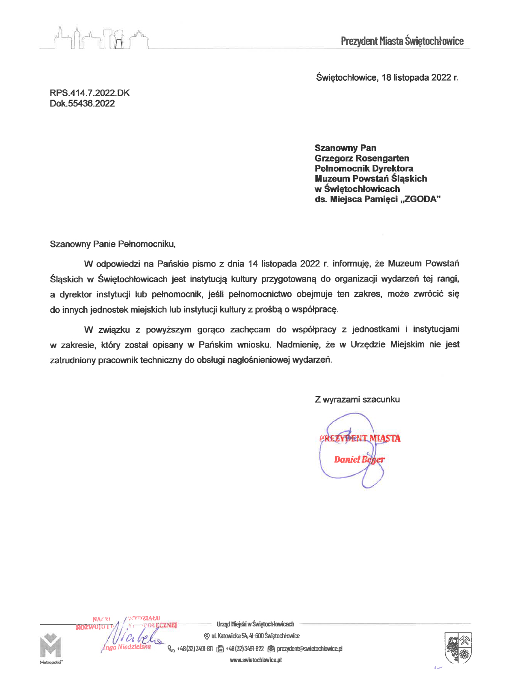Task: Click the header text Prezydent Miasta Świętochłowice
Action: click(x=402, y=41)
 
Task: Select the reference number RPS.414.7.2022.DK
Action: click(x=89, y=93)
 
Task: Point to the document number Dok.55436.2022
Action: click(x=82, y=103)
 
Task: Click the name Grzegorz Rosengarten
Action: click(x=362, y=158)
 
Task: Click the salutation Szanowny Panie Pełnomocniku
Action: click(x=112, y=244)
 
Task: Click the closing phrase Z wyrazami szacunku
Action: click(x=357, y=400)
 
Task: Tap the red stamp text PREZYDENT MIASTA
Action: click(x=360, y=438)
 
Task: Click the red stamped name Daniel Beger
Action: click(x=359, y=459)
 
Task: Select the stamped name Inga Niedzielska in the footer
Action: click(x=127, y=647)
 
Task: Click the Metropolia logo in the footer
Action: click(x=51, y=647)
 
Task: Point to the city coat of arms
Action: click(x=458, y=647)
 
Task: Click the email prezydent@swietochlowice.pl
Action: click(x=310, y=649)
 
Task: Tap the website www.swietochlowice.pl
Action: click(x=256, y=660)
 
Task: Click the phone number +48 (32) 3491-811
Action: click(x=195, y=649)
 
